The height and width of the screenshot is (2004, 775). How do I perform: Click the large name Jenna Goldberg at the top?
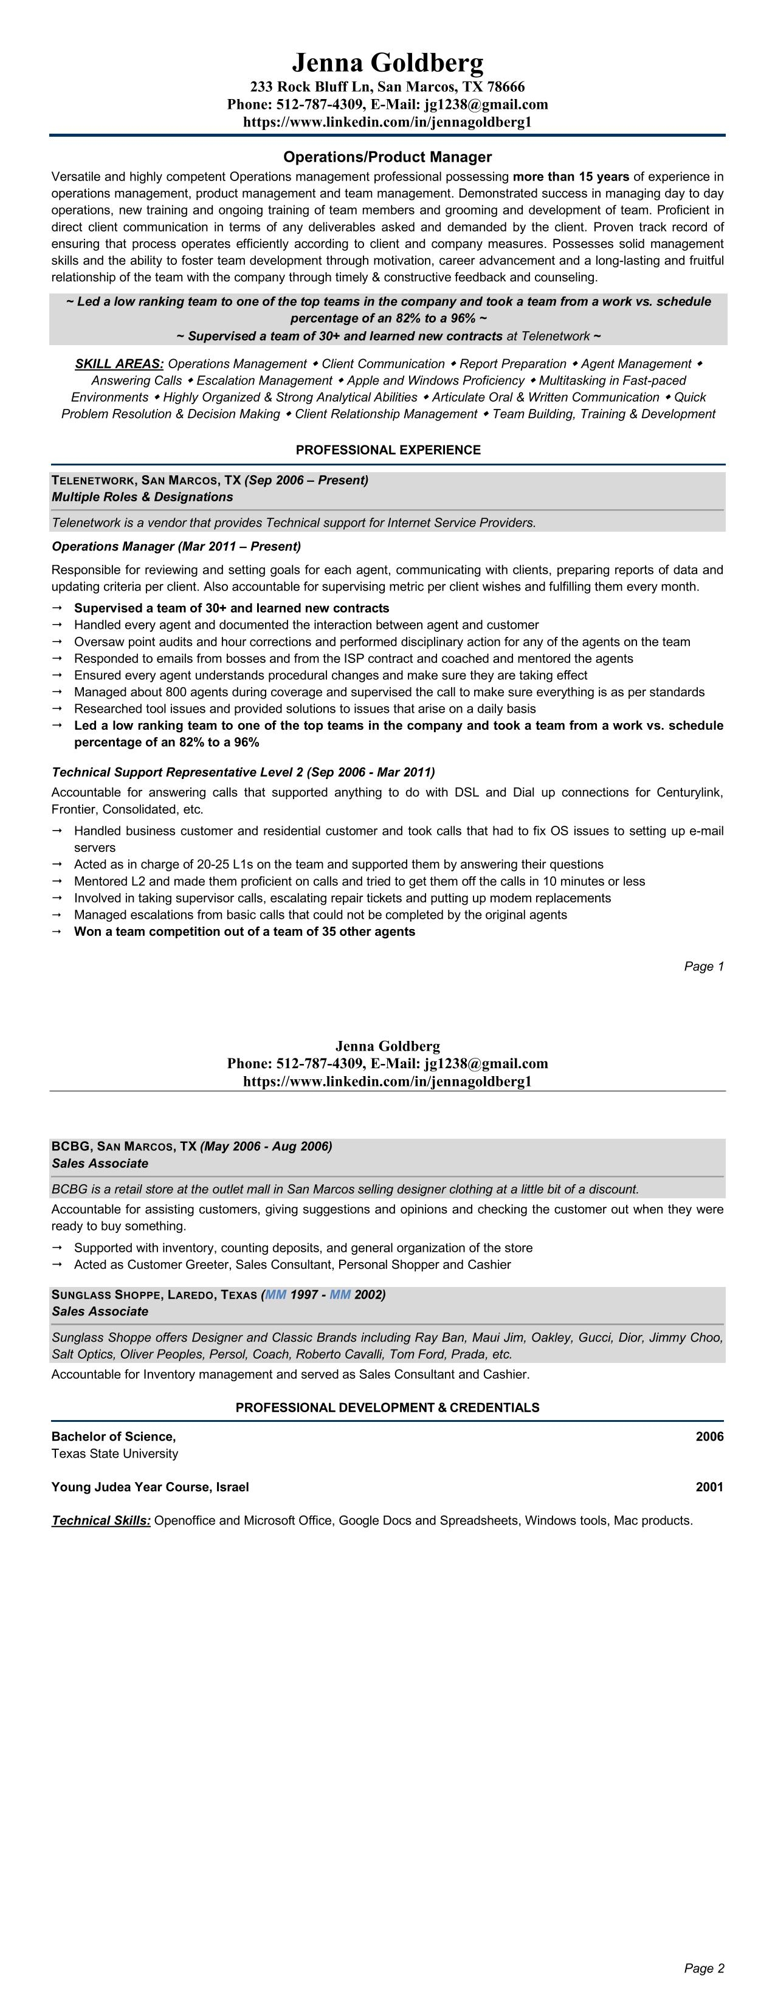[388, 62]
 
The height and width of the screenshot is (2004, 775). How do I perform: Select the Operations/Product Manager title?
[388, 157]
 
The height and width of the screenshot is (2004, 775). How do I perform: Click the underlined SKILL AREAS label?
[119, 363]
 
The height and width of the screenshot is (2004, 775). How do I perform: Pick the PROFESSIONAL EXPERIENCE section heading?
[388, 450]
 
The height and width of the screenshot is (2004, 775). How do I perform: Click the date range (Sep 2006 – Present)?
[306, 480]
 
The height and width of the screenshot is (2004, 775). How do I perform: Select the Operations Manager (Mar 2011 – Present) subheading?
[176, 546]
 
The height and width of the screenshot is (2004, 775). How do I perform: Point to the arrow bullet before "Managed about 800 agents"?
[57, 691]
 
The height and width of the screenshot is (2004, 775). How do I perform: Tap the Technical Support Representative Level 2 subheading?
[243, 772]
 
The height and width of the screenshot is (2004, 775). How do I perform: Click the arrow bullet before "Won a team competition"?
[57, 931]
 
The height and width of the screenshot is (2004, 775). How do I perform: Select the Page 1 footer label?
[703, 966]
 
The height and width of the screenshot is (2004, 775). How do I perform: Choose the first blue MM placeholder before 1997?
[275, 1294]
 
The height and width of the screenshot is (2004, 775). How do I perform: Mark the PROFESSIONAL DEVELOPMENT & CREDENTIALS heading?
[388, 1407]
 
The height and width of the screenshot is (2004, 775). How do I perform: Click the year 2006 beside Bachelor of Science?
[709, 1436]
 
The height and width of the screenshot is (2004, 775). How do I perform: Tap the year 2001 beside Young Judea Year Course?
[709, 1487]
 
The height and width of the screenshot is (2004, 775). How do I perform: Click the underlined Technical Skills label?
[101, 1520]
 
